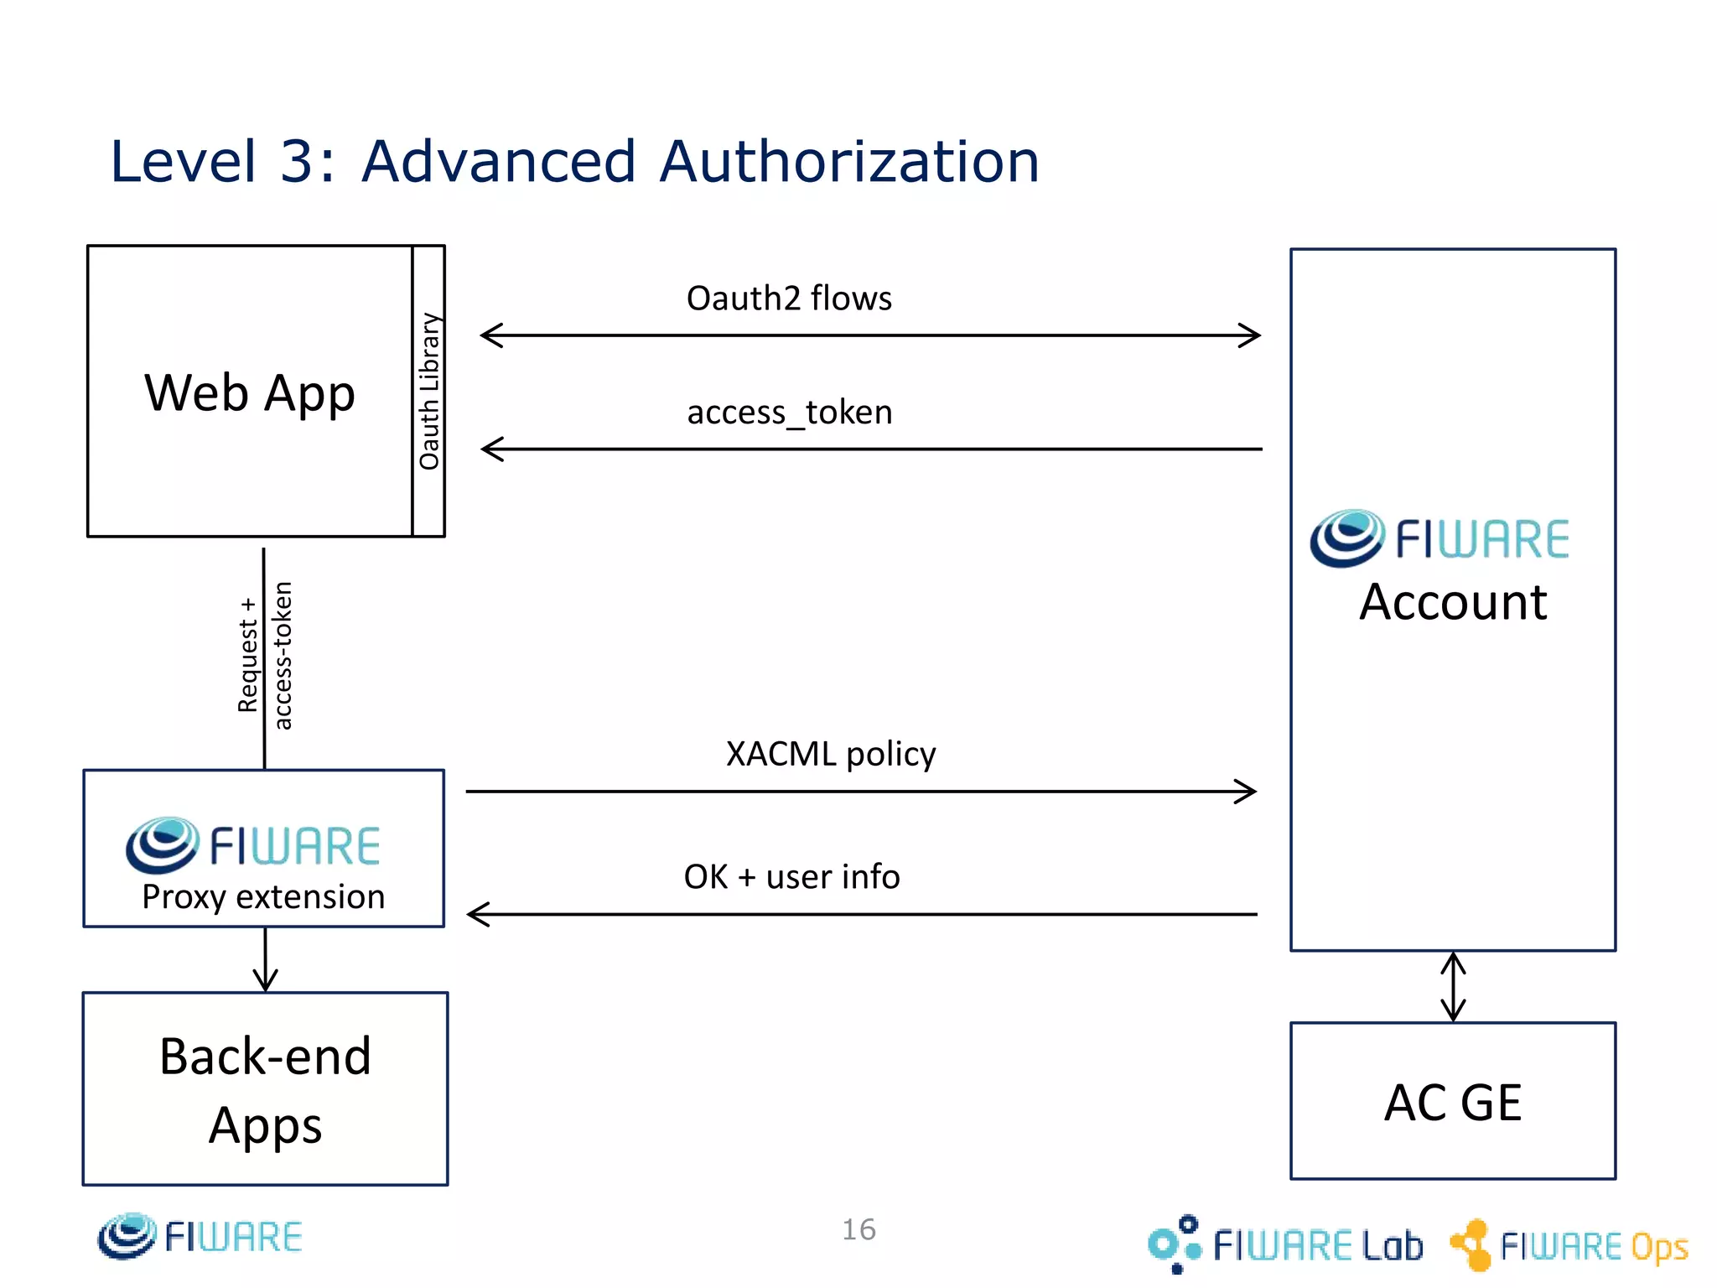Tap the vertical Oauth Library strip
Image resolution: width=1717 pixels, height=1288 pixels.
[428, 391]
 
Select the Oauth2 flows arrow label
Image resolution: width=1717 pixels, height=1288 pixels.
[788, 299]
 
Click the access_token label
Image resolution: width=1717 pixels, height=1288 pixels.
[789, 413]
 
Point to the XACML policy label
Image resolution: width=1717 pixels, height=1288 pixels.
[830, 754]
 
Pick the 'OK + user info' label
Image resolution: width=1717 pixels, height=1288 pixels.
[791, 877]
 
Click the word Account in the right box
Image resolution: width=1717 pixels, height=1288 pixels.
[1452, 602]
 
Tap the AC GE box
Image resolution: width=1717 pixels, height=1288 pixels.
[1452, 1101]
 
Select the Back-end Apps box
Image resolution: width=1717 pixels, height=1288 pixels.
[265, 1089]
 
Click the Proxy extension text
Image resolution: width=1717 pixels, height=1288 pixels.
[263, 897]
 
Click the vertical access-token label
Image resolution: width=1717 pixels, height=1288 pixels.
[283, 656]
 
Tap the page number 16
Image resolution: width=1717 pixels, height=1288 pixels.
[858, 1229]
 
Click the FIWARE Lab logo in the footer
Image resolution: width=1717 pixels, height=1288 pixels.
[1285, 1244]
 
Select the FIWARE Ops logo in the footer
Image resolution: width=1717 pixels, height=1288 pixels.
[1569, 1245]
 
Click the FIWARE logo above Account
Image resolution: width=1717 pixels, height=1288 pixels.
[1439, 538]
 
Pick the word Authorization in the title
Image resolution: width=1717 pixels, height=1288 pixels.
[848, 161]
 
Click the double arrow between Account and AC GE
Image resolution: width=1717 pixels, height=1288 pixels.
[1453, 986]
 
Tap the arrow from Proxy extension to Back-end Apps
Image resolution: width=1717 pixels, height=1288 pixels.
[265, 960]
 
